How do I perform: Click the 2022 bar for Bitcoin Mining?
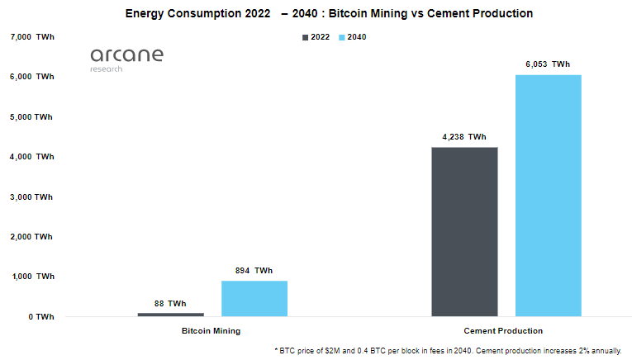click(171, 315)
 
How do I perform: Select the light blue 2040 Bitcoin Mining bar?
click(254, 299)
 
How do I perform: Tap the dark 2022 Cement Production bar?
click(465, 232)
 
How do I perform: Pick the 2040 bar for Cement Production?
click(548, 196)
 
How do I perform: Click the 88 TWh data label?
click(171, 304)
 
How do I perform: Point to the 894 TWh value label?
click(254, 271)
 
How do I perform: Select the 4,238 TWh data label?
click(465, 137)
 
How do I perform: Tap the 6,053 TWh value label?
click(548, 64)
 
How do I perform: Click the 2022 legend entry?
click(316, 38)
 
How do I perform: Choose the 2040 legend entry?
click(353, 38)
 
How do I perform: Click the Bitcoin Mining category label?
click(211, 331)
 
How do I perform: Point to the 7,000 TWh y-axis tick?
click(31, 37)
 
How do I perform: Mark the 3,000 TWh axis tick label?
click(31, 197)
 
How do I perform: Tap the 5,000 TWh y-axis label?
click(31, 117)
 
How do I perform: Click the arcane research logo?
click(126, 59)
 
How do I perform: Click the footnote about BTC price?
click(447, 350)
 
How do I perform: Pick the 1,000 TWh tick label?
click(31, 277)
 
